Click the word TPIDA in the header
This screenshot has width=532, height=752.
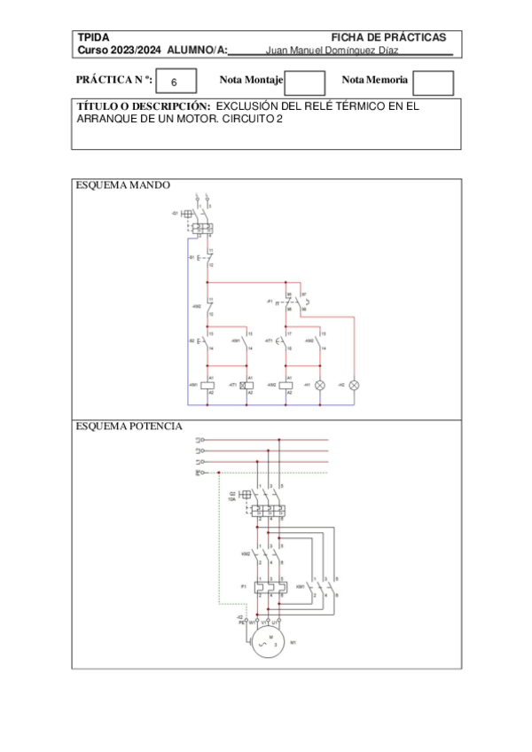[93, 37]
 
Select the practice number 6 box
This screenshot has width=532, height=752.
[174, 82]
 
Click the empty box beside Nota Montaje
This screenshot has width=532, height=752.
[305, 82]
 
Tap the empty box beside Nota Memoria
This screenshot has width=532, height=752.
[434, 82]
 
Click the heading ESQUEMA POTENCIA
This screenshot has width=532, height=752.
[129, 426]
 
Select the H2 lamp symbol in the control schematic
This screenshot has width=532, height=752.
[355, 385]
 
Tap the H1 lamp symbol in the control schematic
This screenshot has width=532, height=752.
[320, 385]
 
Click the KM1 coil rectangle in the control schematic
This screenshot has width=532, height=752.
[208, 385]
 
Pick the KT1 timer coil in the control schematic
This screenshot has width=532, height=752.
[249, 385]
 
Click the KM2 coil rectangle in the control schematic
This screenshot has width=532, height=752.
[289, 385]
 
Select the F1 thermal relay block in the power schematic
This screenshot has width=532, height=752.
[268, 586]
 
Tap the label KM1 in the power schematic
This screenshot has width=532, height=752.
[301, 586]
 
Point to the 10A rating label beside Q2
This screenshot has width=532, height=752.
[232, 499]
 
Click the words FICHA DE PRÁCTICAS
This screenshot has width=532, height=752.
[388, 37]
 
